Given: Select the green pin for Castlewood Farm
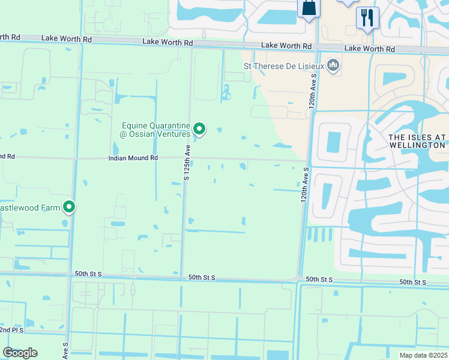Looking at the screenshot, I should tap(70, 207).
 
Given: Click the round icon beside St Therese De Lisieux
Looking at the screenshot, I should tap(333, 65).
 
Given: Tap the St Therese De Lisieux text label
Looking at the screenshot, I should tap(283, 65).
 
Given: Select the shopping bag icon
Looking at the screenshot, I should tap(309, 8).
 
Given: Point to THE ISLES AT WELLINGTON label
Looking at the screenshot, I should tap(417, 141).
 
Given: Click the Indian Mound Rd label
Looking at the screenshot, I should tap(133, 158).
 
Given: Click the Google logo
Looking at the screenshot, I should tap(20, 353).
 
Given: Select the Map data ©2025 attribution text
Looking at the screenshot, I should tap(423, 355).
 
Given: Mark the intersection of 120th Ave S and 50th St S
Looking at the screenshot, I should tap(299, 279).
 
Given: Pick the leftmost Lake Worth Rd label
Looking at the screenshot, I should tap(67, 38).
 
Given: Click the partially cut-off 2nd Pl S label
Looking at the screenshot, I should tap(11, 330).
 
